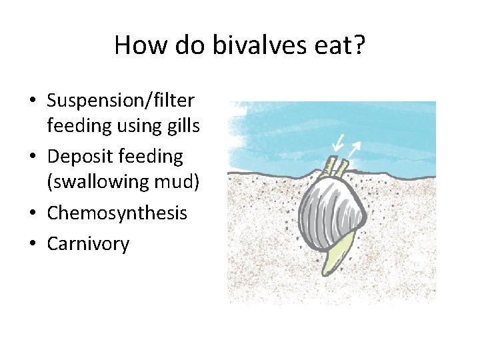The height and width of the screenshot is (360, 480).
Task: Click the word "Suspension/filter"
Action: [x=121, y=101]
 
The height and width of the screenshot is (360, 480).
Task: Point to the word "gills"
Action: [x=181, y=125]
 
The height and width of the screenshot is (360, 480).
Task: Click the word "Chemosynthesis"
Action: [x=117, y=213]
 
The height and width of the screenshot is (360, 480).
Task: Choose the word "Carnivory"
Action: [x=88, y=244]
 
